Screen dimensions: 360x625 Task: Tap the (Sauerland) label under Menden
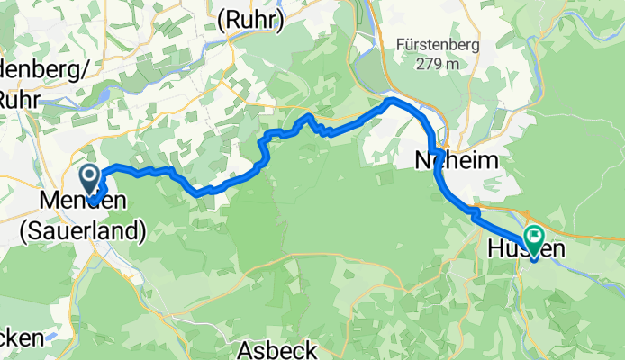[82, 231]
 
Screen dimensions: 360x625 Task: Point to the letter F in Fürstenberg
[402, 44]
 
